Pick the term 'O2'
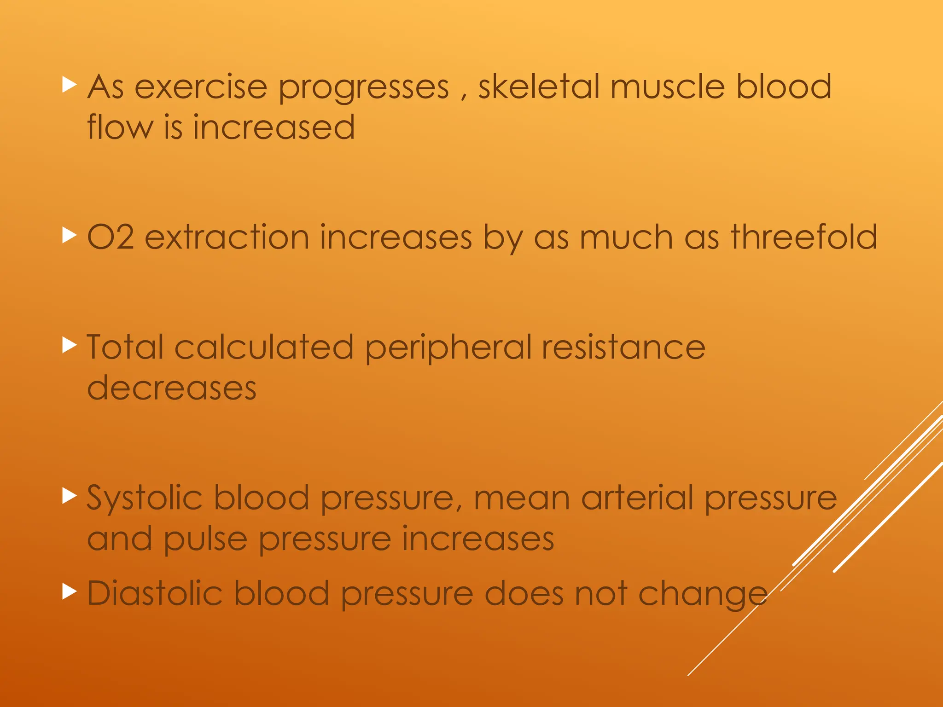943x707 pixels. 111,237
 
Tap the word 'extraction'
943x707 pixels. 227,237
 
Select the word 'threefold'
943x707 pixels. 804,237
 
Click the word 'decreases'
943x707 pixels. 172,388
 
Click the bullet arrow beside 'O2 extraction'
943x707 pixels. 69,235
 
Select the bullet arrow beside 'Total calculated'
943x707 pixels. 69,345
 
